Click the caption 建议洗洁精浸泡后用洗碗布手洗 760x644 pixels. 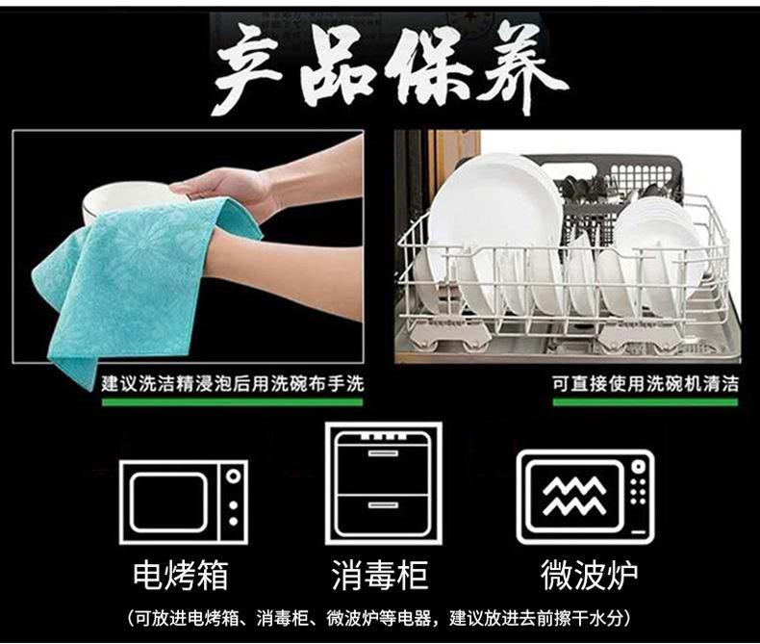click(232, 383)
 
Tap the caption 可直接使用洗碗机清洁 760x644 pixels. click(646, 383)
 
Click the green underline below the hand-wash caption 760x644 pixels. click(232, 402)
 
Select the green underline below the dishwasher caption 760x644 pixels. click(646, 402)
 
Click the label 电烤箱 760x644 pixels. click(180, 576)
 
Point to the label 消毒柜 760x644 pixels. click(379, 576)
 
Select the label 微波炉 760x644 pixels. click(589, 576)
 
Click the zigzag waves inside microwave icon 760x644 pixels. click(574, 496)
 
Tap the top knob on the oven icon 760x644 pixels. click(234, 476)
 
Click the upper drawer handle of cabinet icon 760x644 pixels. click(383, 453)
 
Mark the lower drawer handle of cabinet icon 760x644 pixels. click(383, 505)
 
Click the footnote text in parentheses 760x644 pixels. click(379, 618)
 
